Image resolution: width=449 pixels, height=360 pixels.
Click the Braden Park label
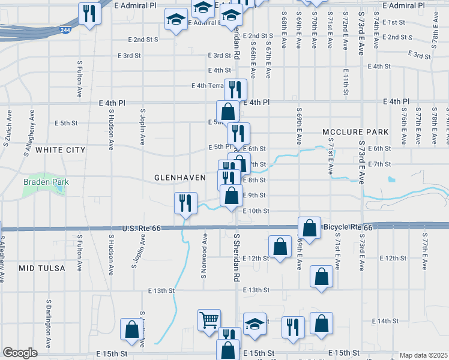[x=46, y=182]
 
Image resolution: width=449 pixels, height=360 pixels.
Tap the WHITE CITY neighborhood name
[x=60, y=149]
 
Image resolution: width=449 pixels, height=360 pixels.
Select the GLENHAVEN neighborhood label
[x=177, y=178]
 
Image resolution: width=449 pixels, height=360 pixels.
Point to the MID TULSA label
[x=41, y=268]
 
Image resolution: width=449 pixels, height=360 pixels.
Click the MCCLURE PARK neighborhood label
[x=355, y=131]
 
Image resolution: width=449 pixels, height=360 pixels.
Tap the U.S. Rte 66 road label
[x=146, y=229]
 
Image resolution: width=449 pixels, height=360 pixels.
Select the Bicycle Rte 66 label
[x=348, y=227]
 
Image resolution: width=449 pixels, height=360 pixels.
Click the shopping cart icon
[x=209, y=319]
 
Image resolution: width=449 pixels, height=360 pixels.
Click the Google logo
[x=20, y=353]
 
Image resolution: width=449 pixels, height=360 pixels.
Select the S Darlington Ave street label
[x=47, y=318]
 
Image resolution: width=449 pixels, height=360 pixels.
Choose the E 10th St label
[x=256, y=211]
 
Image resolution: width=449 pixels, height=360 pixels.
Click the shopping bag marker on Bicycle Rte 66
[x=309, y=229]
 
